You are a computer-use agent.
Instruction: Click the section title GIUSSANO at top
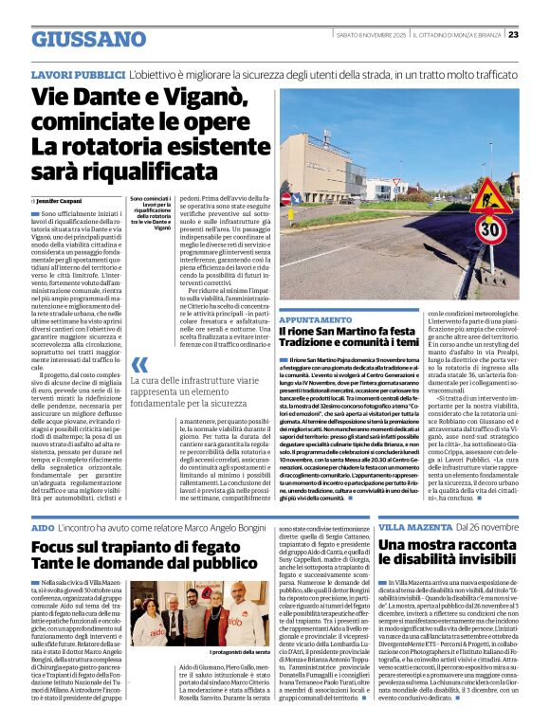click(x=88, y=39)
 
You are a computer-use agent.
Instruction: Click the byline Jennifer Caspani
click(x=60, y=200)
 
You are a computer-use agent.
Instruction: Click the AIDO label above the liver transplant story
click(x=42, y=525)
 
